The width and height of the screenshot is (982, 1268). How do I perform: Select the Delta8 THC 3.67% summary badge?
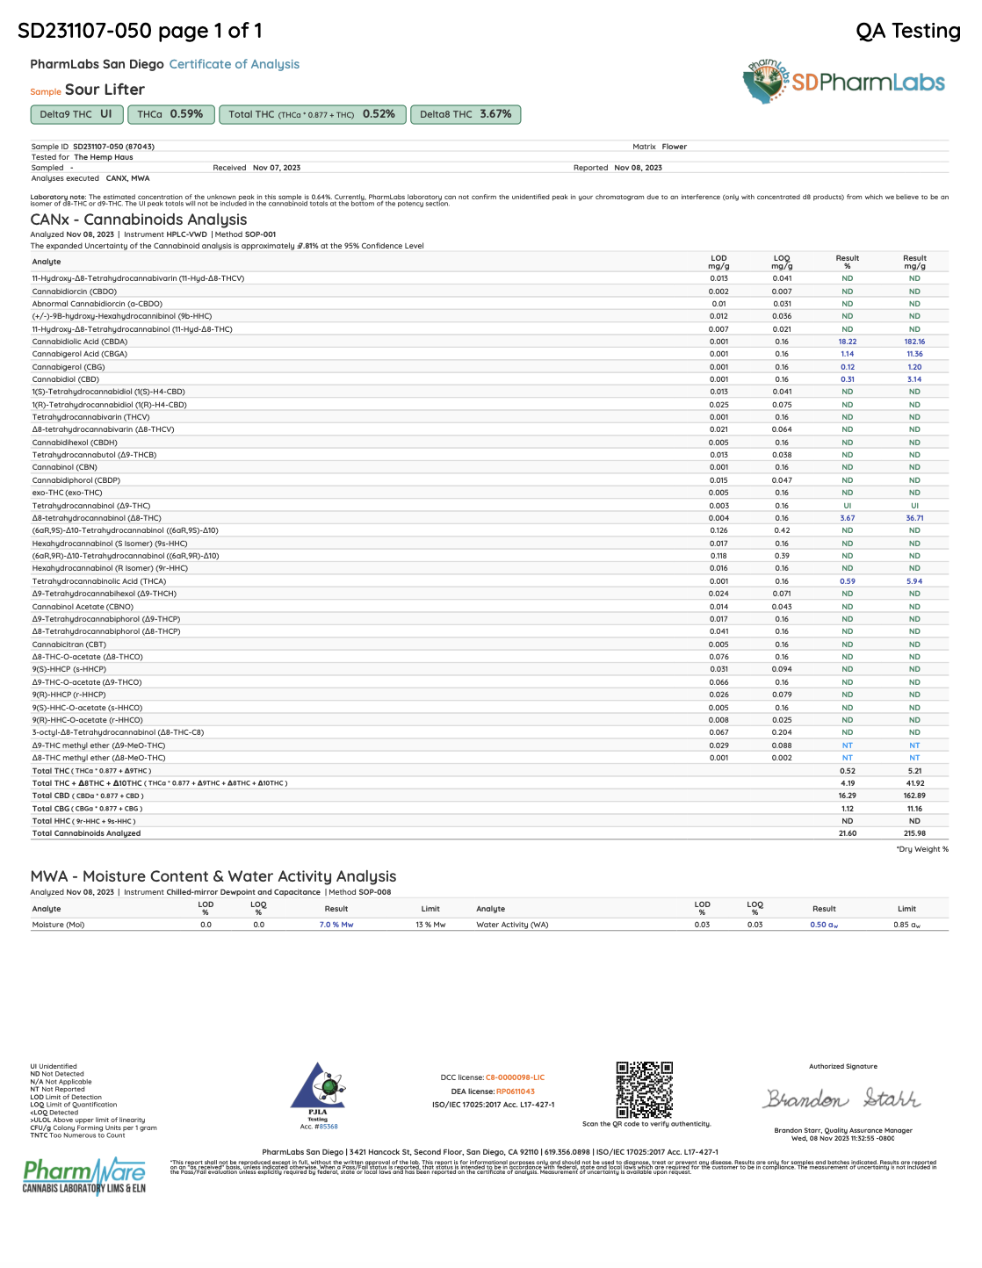[466, 114]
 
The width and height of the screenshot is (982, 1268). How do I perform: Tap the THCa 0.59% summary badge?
[170, 114]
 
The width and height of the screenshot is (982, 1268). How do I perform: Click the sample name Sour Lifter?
[105, 90]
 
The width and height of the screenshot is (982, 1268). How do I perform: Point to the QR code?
[644, 1090]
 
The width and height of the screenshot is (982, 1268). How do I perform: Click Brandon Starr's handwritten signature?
[841, 1099]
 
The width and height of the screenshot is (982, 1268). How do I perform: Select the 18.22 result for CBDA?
[847, 342]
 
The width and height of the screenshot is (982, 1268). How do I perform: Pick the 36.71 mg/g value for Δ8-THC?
[914, 518]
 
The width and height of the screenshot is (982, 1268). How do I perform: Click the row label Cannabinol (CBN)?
[65, 467]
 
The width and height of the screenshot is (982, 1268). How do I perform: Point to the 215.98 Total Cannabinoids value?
[914, 833]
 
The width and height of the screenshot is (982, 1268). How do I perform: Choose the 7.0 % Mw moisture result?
[336, 925]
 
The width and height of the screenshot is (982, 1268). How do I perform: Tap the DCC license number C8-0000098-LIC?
[515, 1077]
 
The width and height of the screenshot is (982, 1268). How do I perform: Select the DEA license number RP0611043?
[515, 1091]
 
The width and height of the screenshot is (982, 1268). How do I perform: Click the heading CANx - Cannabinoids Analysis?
[139, 220]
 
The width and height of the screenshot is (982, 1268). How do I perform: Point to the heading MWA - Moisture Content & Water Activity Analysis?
[213, 876]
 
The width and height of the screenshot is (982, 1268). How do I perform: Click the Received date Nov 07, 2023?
[277, 168]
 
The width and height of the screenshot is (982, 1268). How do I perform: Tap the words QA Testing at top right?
[908, 31]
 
